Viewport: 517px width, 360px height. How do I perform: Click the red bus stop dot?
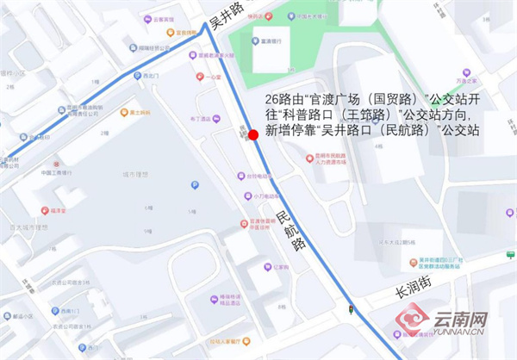pyautogui.click(x=253, y=134)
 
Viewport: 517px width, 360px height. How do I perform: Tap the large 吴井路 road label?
pyautogui.click(x=227, y=16)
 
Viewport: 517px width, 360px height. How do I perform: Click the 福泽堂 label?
pyautogui.click(x=58, y=210)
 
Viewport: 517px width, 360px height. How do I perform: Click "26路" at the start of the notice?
pyautogui.click(x=277, y=99)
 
